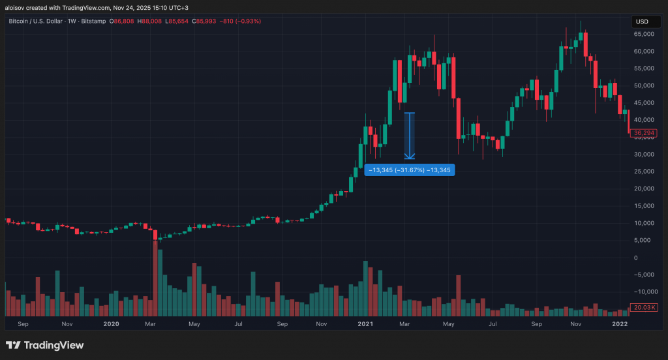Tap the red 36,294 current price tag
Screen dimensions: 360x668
[643, 133]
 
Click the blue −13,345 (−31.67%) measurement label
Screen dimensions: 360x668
[410, 170]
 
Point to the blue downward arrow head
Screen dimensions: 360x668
[410, 156]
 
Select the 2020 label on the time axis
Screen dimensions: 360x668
[112, 323]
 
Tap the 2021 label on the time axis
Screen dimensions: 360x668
[365, 323]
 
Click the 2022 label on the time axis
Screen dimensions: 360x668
[620, 323]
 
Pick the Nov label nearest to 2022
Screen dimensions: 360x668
[575, 323]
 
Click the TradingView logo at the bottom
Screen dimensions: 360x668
[45, 345]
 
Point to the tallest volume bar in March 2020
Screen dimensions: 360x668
[155, 277]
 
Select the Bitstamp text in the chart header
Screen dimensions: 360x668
[95, 22]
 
